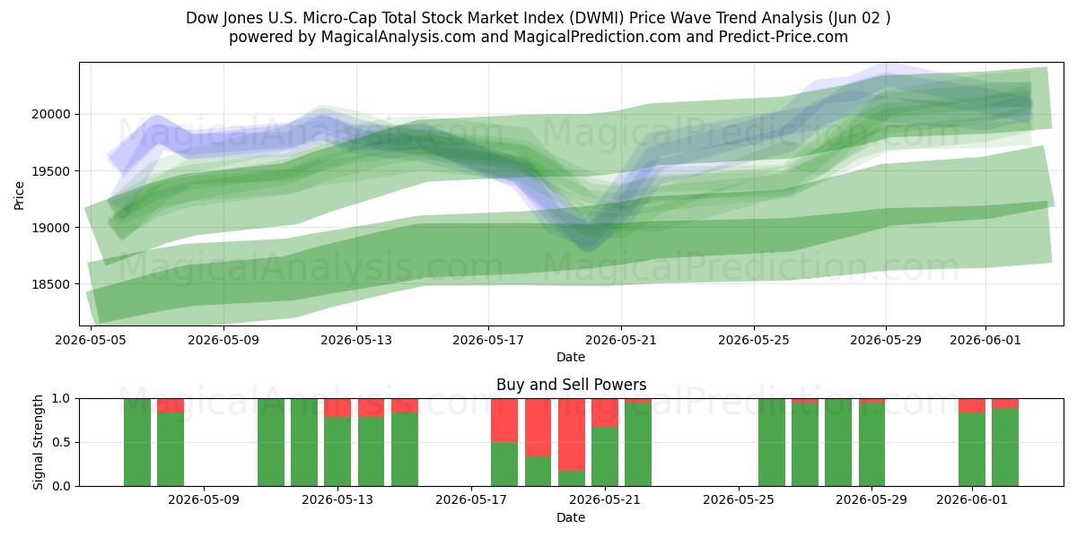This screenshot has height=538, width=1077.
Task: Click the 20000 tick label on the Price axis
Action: click(51, 115)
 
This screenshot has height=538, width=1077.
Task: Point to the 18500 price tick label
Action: click(51, 284)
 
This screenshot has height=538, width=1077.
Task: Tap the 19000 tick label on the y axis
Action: click(51, 228)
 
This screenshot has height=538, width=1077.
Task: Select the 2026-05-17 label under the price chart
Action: click(488, 340)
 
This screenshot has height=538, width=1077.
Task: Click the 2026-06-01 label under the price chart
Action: click(985, 340)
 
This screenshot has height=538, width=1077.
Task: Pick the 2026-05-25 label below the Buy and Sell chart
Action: click(739, 500)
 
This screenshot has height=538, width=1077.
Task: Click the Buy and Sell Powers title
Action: click(571, 385)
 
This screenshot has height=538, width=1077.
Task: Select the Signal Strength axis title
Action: click(38, 442)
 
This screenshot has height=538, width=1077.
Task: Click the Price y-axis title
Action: click(19, 196)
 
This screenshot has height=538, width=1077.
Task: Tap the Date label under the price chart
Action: click(571, 358)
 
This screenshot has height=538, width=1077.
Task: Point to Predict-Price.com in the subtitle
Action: click(784, 37)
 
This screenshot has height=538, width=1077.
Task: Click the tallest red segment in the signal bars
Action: click(572, 435)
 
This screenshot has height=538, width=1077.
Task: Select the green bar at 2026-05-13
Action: click(337, 452)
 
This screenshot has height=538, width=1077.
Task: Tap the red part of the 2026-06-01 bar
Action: click(972, 405)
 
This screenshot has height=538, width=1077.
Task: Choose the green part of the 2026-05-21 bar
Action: click(605, 456)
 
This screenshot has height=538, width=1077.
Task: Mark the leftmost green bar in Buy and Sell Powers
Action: click(137, 442)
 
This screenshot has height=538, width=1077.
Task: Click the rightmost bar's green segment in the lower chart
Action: click(1005, 447)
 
